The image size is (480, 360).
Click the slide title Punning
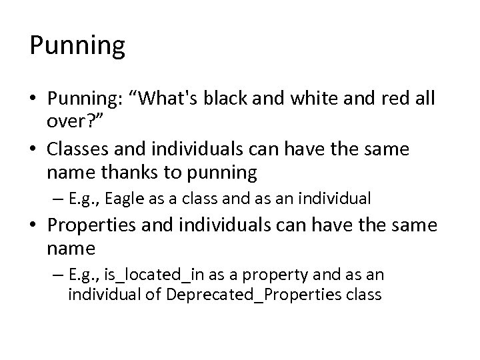tap(77, 46)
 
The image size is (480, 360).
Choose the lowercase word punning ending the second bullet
tap(221, 172)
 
